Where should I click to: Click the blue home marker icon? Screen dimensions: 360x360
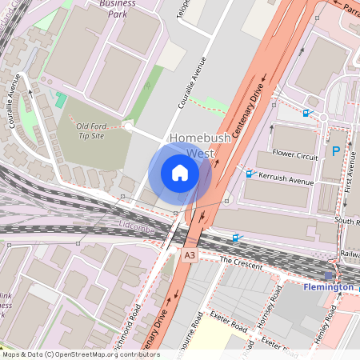point(180,173)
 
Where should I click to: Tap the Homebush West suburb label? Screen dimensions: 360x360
point(199,145)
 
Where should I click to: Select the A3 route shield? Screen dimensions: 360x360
point(189,255)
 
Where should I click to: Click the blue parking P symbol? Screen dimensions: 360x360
point(335,150)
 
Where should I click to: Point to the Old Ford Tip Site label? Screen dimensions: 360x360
point(102,131)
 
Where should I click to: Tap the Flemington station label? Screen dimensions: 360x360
point(328,286)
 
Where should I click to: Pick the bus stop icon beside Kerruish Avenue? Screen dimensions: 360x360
point(250,174)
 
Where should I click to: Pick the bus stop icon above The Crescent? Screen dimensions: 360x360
point(235,238)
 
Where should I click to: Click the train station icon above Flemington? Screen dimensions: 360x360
point(328,274)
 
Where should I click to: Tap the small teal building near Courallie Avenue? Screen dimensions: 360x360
point(61,99)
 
